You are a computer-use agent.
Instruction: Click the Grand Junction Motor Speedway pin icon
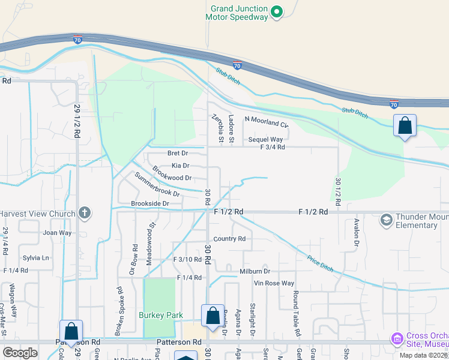(x=276, y=11)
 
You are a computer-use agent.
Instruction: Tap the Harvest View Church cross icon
(x=85, y=213)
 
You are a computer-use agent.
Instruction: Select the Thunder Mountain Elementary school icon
(x=385, y=220)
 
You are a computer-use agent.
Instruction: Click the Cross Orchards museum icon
(x=396, y=339)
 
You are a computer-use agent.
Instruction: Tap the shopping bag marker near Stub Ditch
(x=405, y=127)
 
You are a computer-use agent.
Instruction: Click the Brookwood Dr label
(x=172, y=175)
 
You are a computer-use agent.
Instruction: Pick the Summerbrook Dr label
(x=157, y=185)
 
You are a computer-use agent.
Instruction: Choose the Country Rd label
(x=229, y=239)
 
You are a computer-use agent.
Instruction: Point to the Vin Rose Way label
(x=274, y=283)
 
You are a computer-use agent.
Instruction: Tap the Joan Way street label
(x=57, y=232)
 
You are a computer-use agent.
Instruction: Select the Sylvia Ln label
(x=36, y=258)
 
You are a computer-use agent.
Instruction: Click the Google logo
(x=20, y=353)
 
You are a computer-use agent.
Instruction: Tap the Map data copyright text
(x=424, y=355)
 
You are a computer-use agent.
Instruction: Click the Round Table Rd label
(x=296, y=313)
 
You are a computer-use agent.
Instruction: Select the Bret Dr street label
(x=178, y=154)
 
